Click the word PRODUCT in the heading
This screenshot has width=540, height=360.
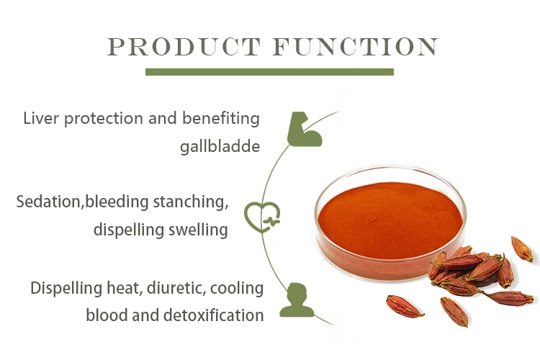tap(184, 47)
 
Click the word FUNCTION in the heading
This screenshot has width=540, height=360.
tap(356, 47)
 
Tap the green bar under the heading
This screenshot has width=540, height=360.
tap(269, 72)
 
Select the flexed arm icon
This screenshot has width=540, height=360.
tap(305, 129)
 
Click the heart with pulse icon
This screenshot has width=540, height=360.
tap(262, 217)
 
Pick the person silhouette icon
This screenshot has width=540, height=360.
tap(297, 300)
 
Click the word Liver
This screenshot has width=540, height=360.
tap(40, 118)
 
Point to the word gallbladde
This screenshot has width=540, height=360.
tap(220, 147)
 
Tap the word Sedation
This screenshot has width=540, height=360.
tap(48, 202)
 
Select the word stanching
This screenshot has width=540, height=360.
tap(191, 202)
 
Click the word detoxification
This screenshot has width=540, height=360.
tap(213, 315)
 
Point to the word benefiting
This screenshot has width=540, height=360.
tap(221, 119)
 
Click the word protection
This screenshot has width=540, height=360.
tap(103, 120)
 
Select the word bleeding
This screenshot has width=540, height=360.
tap(117, 202)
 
